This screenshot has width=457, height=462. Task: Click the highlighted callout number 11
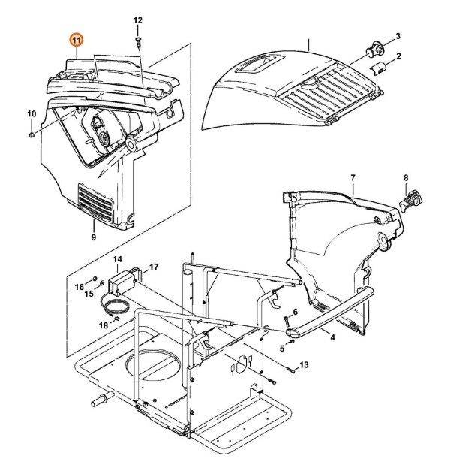[x=77, y=40]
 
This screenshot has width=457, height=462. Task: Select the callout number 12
[x=137, y=20]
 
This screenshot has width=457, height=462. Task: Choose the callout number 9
[x=94, y=237]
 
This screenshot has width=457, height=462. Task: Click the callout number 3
[x=398, y=35]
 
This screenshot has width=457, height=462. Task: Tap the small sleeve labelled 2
[x=380, y=69]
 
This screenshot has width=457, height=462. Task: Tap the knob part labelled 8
[x=412, y=201]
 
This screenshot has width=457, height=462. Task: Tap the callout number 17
[x=153, y=267]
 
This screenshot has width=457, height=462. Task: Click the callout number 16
[x=79, y=286]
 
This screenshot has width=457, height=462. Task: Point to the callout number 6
[x=295, y=312]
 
